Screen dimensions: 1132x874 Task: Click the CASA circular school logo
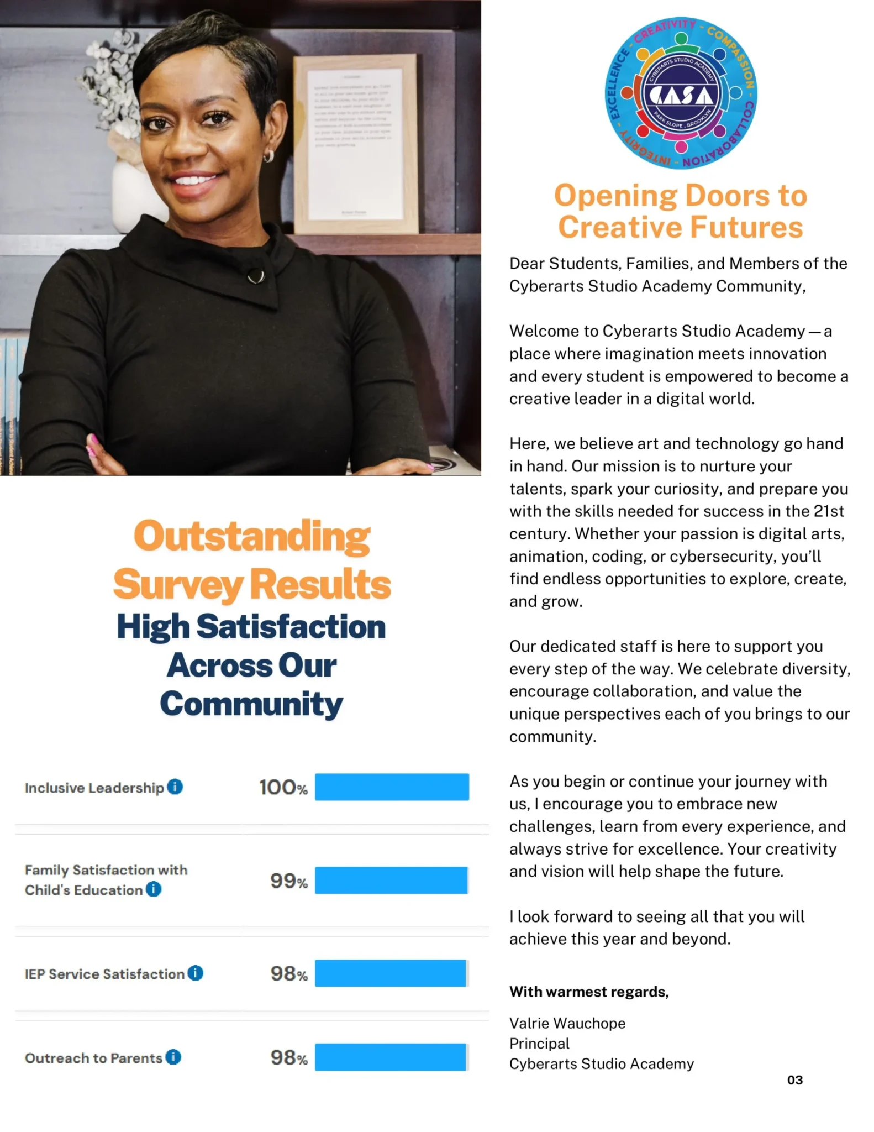(x=681, y=93)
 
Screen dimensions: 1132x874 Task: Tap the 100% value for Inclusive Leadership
(x=283, y=787)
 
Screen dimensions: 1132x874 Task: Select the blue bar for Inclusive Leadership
(x=392, y=787)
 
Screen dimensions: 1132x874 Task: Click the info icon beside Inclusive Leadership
(x=175, y=787)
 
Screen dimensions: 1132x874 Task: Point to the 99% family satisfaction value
(x=288, y=881)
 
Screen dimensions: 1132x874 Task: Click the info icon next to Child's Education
(x=154, y=889)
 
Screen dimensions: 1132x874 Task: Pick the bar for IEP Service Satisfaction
(x=391, y=973)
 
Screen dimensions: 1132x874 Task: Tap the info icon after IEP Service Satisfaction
(x=196, y=973)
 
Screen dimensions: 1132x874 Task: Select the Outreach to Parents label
(x=93, y=1058)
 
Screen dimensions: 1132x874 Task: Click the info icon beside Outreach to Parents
(x=173, y=1057)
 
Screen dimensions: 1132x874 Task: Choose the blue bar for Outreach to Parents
(x=391, y=1057)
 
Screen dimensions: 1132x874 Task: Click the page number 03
(x=794, y=1080)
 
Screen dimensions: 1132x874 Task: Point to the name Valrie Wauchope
(x=567, y=1023)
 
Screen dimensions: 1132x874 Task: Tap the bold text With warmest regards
(x=589, y=992)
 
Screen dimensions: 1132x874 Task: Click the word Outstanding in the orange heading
(x=252, y=536)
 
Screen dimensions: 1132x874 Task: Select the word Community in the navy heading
(x=251, y=704)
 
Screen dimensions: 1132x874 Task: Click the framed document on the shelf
(x=355, y=144)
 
